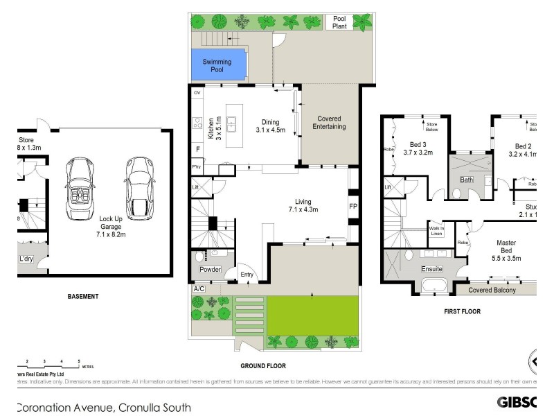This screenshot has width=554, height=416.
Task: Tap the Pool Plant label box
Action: pos(339,23)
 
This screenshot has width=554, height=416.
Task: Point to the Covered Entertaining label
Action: pos(331,122)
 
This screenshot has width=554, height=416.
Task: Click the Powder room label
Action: pos(210,269)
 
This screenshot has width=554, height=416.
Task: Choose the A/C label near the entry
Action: pos(199,288)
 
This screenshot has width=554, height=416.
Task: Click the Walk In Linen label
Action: pos(437,230)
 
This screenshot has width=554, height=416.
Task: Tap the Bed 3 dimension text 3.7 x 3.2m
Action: pos(418,152)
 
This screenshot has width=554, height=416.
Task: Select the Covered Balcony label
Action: pos(492,290)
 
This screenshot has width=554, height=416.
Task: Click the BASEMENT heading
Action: pos(83,297)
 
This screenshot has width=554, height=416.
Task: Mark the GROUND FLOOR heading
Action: pos(262,366)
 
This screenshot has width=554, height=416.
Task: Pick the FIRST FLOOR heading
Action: pos(462,311)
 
